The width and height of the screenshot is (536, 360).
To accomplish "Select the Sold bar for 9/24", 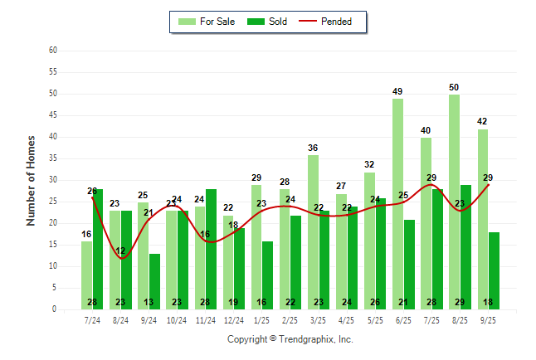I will click(154, 281).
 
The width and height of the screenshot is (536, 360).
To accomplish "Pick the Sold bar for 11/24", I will click(211, 249).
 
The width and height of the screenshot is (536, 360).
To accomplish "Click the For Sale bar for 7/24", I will click(86, 275).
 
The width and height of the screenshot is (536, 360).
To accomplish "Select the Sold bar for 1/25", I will click(267, 275).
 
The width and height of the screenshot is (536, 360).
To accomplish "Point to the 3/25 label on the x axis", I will click(319, 319).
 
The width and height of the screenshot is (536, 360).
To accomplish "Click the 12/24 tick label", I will click(234, 319).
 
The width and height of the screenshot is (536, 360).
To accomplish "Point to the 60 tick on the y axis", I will click(53, 51).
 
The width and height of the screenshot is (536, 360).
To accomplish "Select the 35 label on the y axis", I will click(53, 158).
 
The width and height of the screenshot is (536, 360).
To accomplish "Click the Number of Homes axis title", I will click(32, 180).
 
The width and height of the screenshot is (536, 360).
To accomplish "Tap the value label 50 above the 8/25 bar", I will click(454, 87).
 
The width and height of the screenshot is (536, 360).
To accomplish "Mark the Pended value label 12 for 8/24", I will click(121, 251).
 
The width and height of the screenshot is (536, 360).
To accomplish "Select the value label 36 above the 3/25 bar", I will click(313, 148).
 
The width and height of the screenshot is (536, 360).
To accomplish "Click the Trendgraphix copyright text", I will click(290, 339).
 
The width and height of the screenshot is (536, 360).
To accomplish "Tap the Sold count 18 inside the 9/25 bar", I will click(494, 302).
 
